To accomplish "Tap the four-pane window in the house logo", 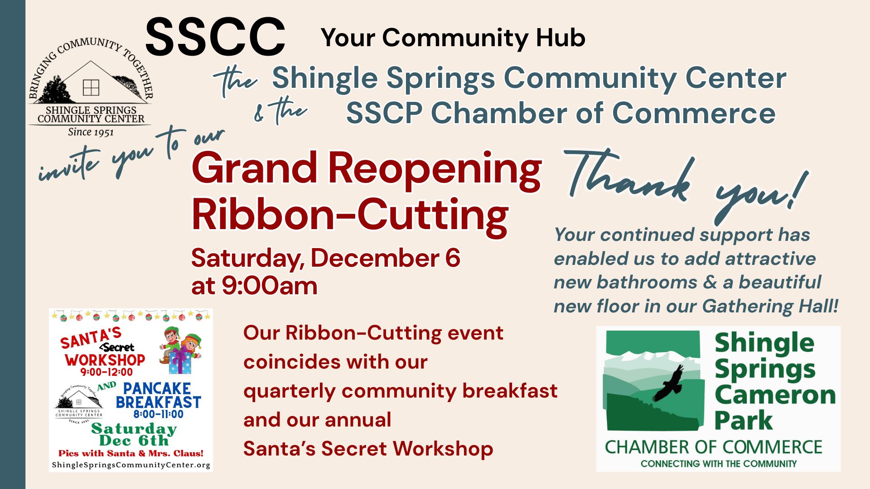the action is point(91,87).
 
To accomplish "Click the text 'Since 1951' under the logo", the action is point(91,132).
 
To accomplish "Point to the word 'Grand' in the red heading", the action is point(254,168).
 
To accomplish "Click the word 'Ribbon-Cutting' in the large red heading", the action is point(350,215).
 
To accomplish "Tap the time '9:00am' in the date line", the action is point(270,286).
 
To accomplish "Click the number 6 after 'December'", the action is point(453,258).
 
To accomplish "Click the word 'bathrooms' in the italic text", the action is point(647,282).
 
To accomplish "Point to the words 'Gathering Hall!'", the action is point(770,306).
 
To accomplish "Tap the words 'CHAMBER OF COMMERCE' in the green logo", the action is point(713,447).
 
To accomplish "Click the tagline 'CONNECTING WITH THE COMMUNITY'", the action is point(719,464).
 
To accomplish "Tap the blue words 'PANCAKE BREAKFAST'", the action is point(158,395).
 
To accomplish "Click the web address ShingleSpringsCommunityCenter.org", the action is point(131,465).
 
